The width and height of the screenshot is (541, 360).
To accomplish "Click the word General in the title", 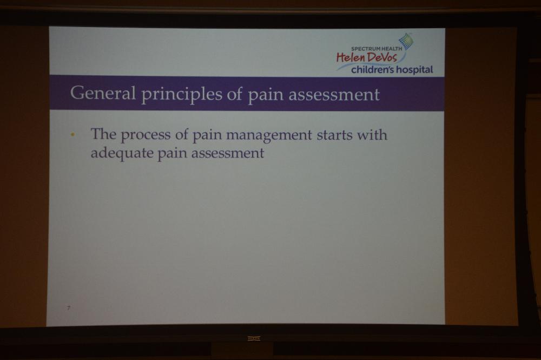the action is pyautogui.click(x=103, y=93).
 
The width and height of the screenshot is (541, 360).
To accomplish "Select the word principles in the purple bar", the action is pyautogui.click(x=181, y=95).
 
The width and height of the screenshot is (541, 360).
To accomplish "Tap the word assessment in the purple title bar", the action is pyautogui.click(x=334, y=95).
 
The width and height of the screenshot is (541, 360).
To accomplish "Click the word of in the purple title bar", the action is pyautogui.click(x=235, y=94).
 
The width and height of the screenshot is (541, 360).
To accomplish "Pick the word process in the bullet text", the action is pyautogui.click(x=145, y=135).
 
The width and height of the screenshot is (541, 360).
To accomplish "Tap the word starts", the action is pyautogui.click(x=334, y=135).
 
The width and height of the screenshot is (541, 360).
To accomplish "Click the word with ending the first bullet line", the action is pyautogui.click(x=372, y=134).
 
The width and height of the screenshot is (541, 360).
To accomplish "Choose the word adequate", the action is pyautogui.click(x=122, y=153).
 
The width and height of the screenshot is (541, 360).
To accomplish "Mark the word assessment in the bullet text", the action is pyautogui.click(x=228, y=153).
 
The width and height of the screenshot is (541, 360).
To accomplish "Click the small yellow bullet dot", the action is pyautogui.click(x=72, y=135).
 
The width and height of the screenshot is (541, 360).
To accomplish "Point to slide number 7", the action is pyautogui.click(x=69, y=307).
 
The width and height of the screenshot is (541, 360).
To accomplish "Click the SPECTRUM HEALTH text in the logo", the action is pyautogui.click(x=377, y=49).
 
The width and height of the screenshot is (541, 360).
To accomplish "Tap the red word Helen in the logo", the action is pyautogui.click(x=350, y=57).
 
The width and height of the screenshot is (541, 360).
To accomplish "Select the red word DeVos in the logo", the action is pyautogui.click(x=382, y=57).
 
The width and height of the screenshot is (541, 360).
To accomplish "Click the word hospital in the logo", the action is pyautogui.click(x=414, y=70).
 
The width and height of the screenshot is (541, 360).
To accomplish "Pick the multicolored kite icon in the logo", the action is pyautogui.click(x=406, y=41).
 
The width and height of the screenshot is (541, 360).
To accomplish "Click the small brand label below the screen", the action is pyautogui.click(x=254, y=338).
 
